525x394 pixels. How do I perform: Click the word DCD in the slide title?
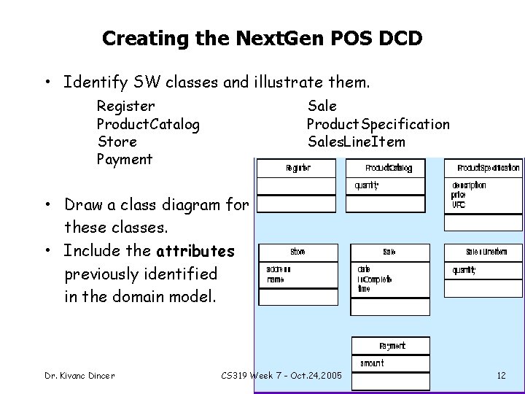pos(400,38)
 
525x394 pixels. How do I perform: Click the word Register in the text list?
pos(125,107)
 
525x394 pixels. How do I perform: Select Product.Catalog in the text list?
pos(148,124)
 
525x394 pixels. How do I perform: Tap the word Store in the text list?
pos(117,142)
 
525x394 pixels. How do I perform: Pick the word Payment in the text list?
pos(125,159)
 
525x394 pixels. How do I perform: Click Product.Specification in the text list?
pos(378,124)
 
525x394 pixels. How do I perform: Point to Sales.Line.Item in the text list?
pos(356,142)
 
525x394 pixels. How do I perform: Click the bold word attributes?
pos(195,252)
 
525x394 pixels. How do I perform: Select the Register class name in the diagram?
pos(298,169)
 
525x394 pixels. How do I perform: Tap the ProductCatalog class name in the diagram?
pos(389,169)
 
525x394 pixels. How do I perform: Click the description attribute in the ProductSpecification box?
pos(469,185)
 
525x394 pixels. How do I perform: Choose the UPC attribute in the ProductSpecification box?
pos(459,204)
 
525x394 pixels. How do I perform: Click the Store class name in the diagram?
pos(297,252)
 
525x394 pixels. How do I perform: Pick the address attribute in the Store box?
pos(279,269)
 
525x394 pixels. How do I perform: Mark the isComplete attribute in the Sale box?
pos(374,279)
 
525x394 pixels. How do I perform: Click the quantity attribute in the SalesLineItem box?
pos(464,270)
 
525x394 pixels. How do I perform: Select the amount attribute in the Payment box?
pos(372,363)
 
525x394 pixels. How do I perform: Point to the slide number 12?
pos(501,376)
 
